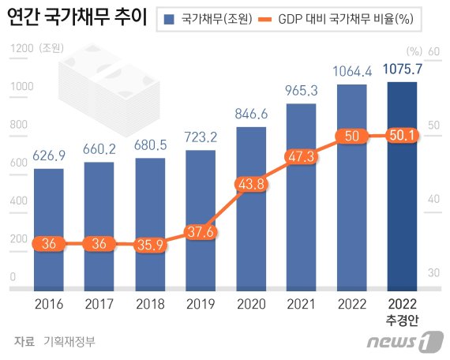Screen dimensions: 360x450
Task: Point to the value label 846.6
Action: click(x=251, y=114)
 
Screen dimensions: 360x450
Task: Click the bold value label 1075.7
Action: click(x=403, y=70)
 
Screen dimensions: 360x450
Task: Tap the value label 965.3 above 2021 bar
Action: click(x=302, y=92)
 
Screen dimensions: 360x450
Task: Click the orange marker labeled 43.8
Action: click(x=251, y=183)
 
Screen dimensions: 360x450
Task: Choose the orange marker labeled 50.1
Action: click(x=403, y=137)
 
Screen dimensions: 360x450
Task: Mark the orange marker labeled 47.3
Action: click(x=302, y=157)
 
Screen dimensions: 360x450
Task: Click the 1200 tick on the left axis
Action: click(x=21, y=49)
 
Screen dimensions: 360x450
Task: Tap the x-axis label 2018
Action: click(x=149, y=304)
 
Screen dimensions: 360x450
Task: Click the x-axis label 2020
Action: click(x=251, y=304)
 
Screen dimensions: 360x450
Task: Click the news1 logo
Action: click(x=402, y=341)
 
